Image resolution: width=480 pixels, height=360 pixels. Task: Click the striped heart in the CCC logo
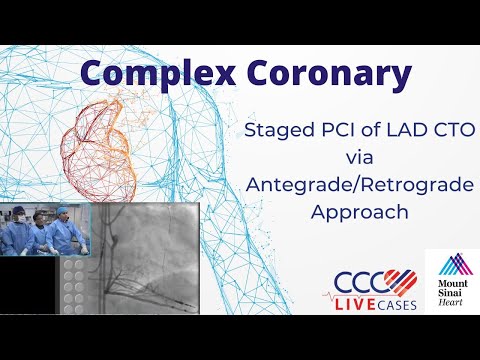[399, 278]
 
